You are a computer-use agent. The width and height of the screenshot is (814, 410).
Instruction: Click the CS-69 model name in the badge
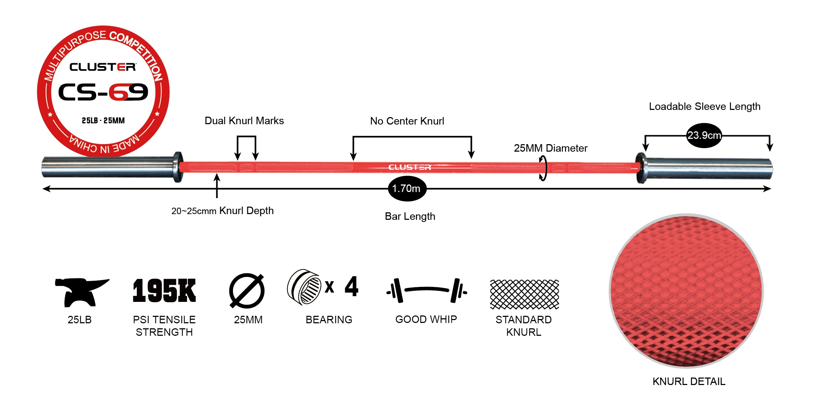[x=103, y=92]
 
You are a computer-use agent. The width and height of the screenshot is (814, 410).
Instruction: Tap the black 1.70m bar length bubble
[x=407, y=188]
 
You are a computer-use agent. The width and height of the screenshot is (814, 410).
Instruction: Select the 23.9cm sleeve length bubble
[x=704, y=135]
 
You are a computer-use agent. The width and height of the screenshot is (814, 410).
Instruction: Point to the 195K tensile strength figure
[x=164, y=291]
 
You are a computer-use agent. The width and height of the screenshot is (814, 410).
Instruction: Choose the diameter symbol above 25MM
[x=247, y=291]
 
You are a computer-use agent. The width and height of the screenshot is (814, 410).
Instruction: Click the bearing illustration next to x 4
[x=304, y=287]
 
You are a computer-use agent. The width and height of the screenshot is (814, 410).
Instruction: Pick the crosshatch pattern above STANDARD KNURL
[x=524, y=294]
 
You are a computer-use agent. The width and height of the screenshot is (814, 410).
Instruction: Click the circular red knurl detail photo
[x=686, y=290]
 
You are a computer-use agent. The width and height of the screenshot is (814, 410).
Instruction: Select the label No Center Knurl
[x=407, y=121]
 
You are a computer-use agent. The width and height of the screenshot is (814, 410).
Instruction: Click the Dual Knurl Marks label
[x=244, y=121]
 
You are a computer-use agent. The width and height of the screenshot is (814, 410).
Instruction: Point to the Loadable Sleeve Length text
[x=704, y=107]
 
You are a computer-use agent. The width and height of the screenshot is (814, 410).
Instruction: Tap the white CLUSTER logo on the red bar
[x=410, y=167]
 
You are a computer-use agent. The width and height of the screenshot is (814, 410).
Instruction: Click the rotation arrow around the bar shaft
[x=543, y=168]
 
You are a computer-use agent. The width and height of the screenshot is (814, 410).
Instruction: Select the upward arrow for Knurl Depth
[x=217, y=185]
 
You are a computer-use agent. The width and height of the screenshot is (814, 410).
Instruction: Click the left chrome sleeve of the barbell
[x=107, y=167]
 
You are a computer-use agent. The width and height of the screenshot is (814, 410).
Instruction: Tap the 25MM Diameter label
[x=550, y=148]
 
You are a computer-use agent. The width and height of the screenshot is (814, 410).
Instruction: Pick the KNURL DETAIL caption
[x=689, y=381]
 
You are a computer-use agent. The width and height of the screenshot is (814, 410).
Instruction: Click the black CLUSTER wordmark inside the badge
[x=103, y=67]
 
